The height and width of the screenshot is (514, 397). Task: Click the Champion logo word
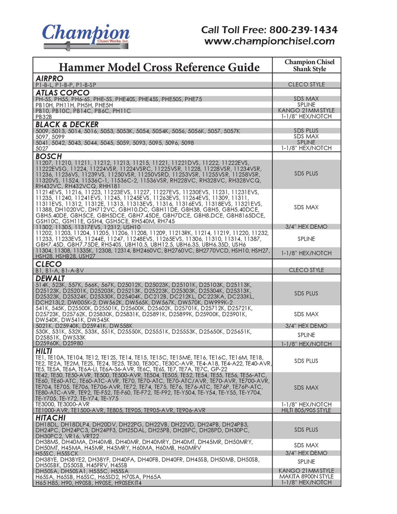point(85,34)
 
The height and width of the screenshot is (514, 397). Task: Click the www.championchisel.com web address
point(270,42)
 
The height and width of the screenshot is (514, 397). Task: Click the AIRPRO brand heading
point(50,78)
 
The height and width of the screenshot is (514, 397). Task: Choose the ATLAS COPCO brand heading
point(63,92)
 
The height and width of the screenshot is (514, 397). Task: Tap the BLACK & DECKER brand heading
point(70,124)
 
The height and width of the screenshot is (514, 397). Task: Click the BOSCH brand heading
point(49,156)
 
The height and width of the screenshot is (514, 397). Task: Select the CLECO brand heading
point(49,264)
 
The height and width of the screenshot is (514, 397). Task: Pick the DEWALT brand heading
point(51,278)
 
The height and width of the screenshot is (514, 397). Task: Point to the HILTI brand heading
point(45,351)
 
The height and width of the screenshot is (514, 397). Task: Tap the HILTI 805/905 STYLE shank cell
point(306,411)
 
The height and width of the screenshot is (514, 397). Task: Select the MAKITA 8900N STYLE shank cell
point(306,476)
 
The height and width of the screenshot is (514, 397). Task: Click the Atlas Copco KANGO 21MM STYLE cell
point(306,110)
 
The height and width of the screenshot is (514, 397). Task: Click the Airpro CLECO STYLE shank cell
point(306,84)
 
